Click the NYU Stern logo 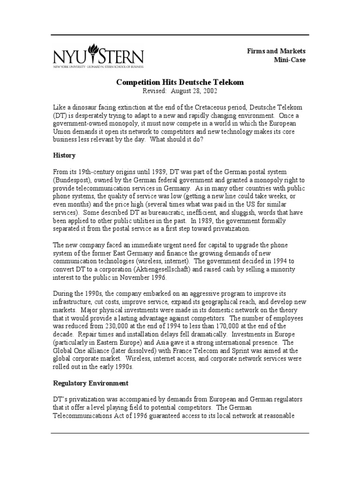click(x=98, y=57)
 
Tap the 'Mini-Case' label click(x=289, y=60)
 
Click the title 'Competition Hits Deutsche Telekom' click(x=180, y=82)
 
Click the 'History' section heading click(x=64, y=155)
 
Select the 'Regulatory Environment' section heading click(x=90, y=383)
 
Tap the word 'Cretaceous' click(x=222, y=107)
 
